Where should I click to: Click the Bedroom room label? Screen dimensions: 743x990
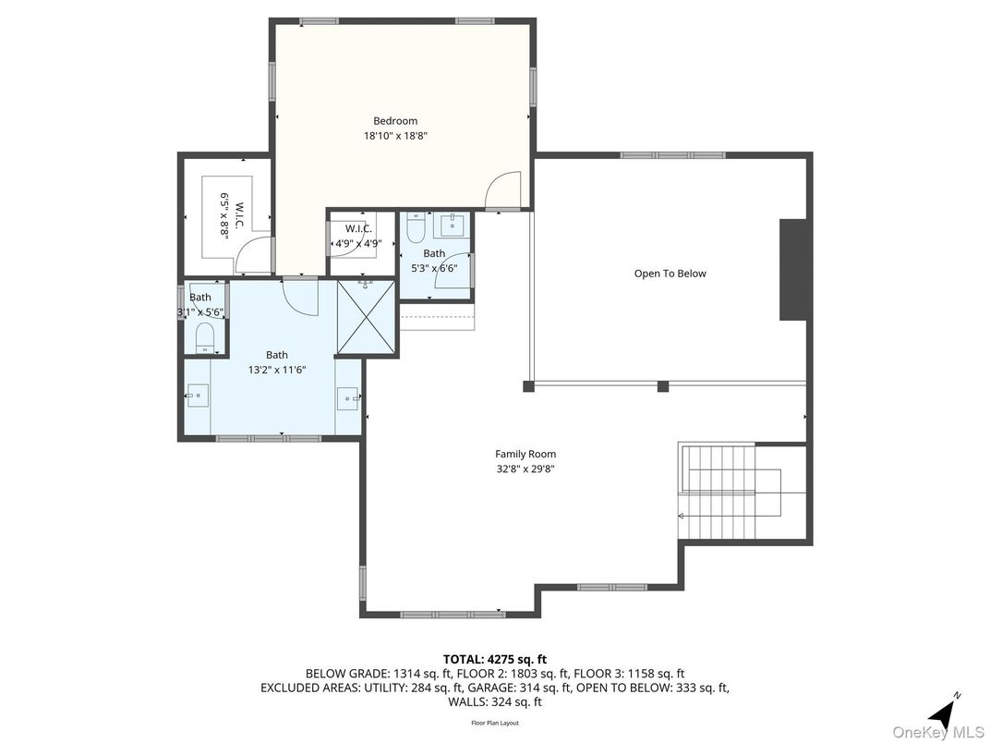pyautogui.click(x=395, y=121)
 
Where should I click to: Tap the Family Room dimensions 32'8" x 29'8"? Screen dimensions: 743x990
pyautogui.click(x=525, y=469)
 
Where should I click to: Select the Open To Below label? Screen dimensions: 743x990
pyautogui.click(x=670, y=274)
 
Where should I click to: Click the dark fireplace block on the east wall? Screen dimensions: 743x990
pyautogui.click(x=792, y=270)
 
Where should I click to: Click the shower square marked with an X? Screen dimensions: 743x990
pyautogui.click(x=367, y=316)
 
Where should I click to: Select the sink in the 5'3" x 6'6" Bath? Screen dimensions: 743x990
pyautogui.click(x=452, y=224)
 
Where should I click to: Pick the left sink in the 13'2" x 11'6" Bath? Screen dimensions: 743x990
pyautogui.click(x=197, y=397)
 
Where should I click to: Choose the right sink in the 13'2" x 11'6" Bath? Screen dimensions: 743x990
pyautogui.click(x=348, y=398)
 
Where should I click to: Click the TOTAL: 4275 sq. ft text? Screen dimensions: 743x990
pyautogui.click(x=494, y=659)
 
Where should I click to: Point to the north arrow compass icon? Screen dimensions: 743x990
pyautogui.click(x=943, y=712)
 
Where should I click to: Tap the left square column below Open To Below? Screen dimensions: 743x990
pyautogui.click(x=528, y=386)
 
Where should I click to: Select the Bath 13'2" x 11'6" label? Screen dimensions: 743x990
pyautogui.click(x=277, y=362)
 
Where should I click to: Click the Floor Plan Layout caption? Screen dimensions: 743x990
pyautogui.click(x=495, y=723)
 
